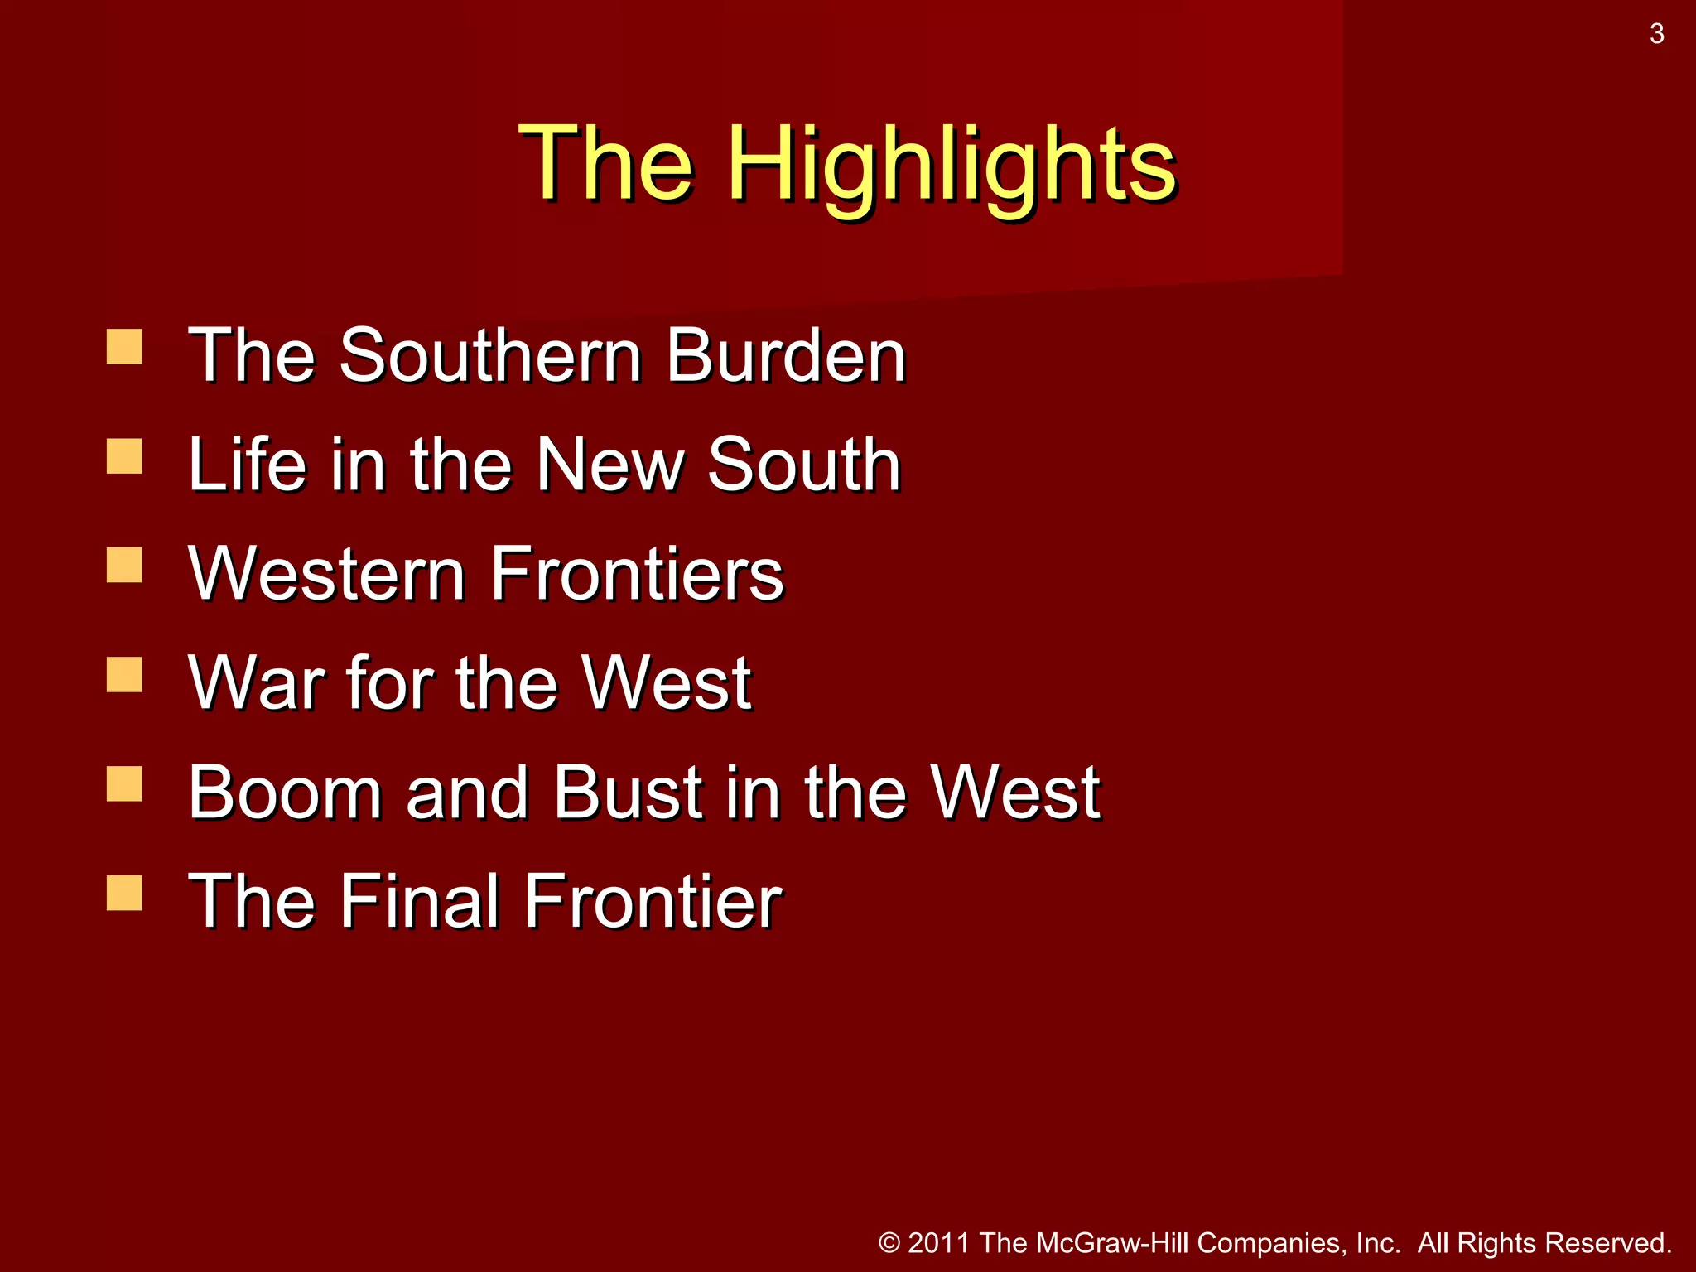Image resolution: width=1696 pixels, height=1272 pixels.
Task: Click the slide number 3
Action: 1656,34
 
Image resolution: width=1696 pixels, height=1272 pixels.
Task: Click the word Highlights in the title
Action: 952,163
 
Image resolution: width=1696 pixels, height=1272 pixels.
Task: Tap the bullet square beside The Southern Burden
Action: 124,347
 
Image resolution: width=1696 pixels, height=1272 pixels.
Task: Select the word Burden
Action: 786,355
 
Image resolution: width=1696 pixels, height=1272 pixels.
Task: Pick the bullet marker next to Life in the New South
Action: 124,456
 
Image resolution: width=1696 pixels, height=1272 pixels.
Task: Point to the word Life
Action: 247,465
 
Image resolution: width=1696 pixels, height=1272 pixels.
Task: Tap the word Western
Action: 326,574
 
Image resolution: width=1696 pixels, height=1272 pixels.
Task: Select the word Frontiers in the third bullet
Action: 637,574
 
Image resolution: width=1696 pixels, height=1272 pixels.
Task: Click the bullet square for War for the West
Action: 124,675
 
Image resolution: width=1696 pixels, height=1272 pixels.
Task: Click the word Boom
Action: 286,793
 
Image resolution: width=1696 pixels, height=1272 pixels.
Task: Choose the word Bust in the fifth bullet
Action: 629,793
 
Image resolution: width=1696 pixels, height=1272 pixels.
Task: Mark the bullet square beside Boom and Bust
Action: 124,784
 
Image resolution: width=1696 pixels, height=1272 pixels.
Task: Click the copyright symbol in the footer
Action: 889,1243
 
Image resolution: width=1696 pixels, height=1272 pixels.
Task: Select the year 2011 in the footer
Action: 938,1243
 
